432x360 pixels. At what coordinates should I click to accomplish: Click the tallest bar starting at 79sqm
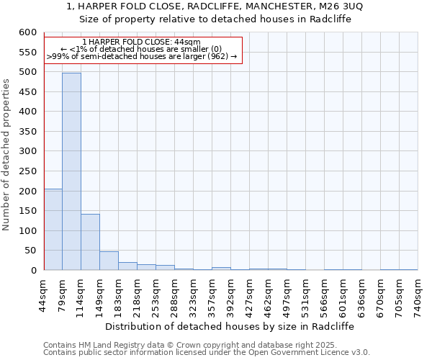[71, 171]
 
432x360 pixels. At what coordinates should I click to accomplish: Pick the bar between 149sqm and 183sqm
[109, 261]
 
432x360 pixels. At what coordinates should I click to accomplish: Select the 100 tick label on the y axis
[27, 230]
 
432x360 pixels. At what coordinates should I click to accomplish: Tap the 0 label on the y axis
[32, 270]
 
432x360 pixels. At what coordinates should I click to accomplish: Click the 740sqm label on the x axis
[418, 292]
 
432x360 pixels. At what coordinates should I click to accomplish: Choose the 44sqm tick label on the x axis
[44, 292]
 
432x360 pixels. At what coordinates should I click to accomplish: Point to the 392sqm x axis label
[231, 292]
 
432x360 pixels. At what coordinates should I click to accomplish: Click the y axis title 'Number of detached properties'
[7, 155]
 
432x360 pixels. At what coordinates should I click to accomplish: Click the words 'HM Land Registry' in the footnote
[100, 345]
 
